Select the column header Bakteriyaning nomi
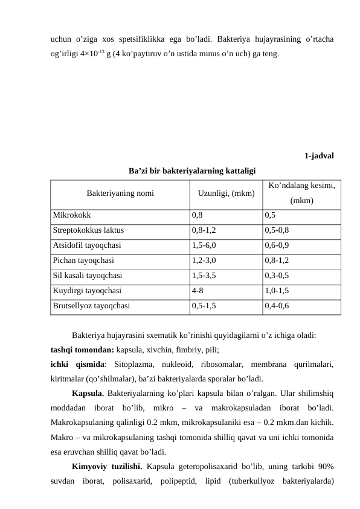pos(120,194)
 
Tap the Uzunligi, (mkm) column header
pos(226,194)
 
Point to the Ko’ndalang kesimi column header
pos(301,187)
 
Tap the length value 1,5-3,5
pos(204,276)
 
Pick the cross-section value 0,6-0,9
pos(277,245)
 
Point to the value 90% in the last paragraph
pos(325,467)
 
